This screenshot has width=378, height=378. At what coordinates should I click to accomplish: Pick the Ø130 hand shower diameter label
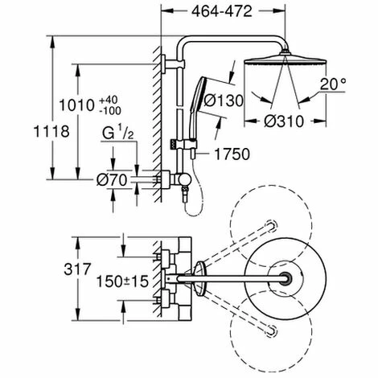(x=242, y=101)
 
